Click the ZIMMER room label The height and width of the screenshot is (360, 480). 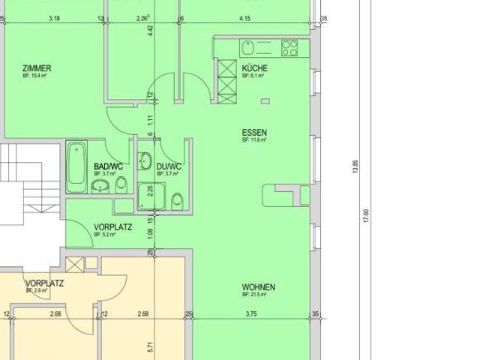(37, 68)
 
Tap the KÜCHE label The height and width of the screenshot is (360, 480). (254, 68)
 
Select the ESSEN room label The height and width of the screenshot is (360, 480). (254, 132)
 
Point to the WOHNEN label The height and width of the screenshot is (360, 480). (258, 287)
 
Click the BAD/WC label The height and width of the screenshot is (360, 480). (108, 166)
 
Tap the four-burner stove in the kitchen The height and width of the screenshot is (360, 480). (289, 48)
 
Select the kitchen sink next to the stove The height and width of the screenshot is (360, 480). (250, 48)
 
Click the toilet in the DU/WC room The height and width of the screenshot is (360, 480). (178, 200)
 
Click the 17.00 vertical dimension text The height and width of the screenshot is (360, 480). (367, 215)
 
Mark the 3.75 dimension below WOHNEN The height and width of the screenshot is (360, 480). (250, 313)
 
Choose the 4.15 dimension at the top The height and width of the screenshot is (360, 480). (244, 18)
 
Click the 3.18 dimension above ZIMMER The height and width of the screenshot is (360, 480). (54, 18)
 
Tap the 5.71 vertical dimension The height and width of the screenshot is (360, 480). (151, 346)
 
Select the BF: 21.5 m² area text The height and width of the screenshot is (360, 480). (255, 295)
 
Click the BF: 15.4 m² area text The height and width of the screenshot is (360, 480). (34, 76)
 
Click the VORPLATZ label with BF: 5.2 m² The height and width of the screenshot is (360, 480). (113, 226)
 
